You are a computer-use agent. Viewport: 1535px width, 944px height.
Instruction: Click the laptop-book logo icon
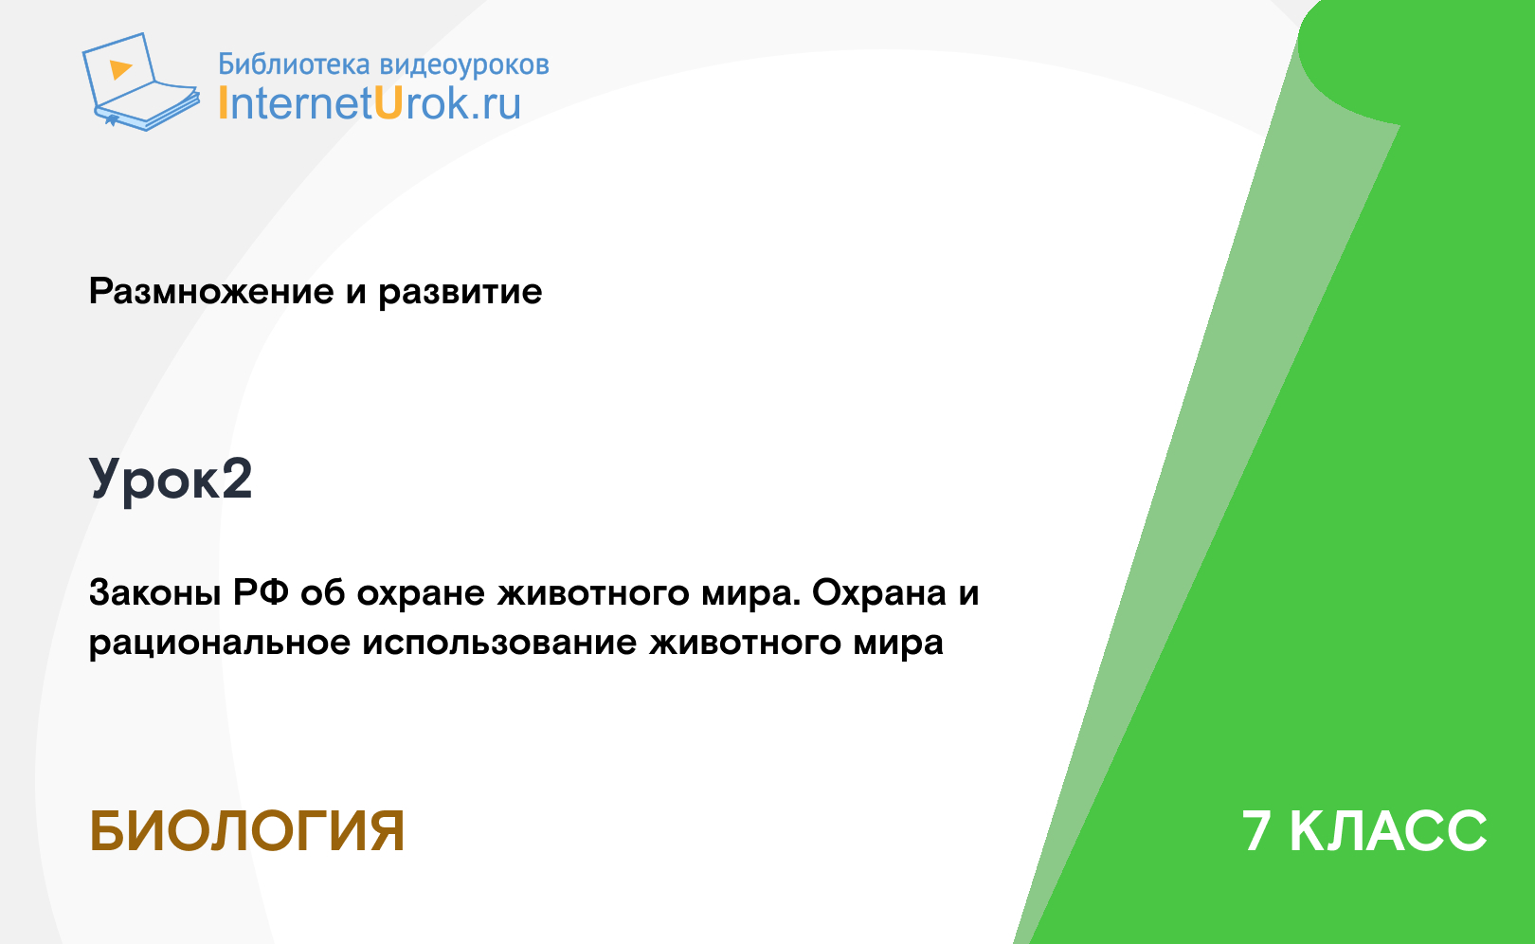(140, 82)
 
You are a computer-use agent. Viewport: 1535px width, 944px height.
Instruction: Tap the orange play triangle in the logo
(120, 69)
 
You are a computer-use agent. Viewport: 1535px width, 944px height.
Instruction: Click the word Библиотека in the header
(294, 64)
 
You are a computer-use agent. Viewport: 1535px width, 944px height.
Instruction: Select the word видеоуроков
(464, 65)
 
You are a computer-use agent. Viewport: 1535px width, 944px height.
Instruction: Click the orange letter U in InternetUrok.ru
(388, 103)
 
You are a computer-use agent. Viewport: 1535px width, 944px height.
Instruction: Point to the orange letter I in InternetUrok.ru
(222, 103)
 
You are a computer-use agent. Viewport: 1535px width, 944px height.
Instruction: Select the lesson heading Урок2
(171, 480)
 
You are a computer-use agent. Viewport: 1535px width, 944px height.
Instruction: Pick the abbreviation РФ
(262, 593)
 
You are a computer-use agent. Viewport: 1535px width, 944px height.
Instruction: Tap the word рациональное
(219, 644)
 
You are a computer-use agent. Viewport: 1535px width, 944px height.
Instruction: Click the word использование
(499, 644)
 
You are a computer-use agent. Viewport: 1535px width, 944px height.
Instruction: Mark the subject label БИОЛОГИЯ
(246, 831)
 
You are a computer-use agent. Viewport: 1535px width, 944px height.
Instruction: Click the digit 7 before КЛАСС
(1256, 831)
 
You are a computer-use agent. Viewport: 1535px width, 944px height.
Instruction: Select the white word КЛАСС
(1388, 831)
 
